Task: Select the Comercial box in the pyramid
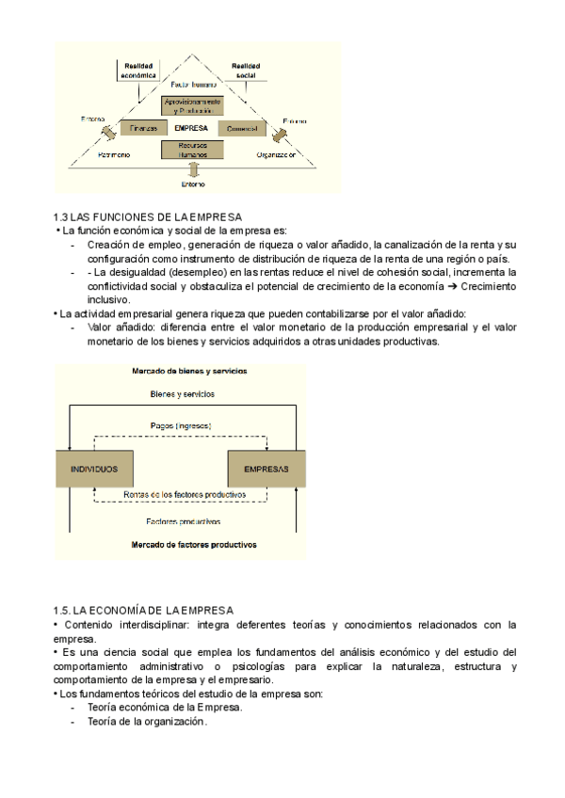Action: point(243,127)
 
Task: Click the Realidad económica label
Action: point(139,68)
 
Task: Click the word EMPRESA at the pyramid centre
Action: point(191,127)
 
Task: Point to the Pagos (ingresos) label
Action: point(181,426)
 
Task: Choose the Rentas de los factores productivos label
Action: point(185,494)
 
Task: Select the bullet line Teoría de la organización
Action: point(147,721)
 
